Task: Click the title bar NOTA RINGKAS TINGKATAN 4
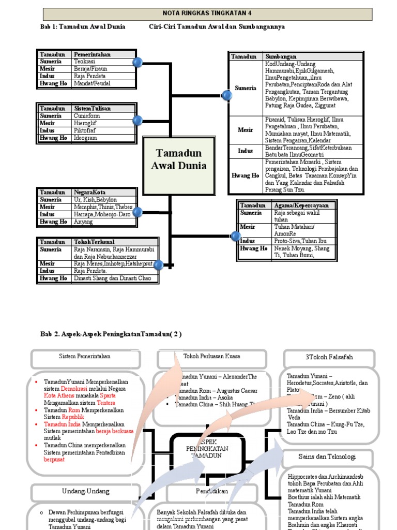[207, 14]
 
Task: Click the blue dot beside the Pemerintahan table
[138, 63]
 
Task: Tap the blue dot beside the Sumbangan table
[226, 95]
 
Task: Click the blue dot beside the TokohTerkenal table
[158, 265]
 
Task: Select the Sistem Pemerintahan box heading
[85, 356]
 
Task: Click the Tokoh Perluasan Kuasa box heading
[212, 356]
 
